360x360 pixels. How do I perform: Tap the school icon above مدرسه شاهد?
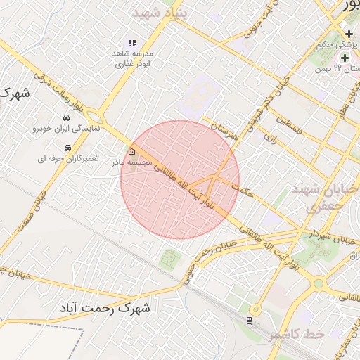tap(132, 43)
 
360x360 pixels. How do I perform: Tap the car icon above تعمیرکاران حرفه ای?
tap(67, 148)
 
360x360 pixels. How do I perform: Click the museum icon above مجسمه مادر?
tap(132, 151)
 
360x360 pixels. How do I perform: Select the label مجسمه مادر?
tap(132, 162)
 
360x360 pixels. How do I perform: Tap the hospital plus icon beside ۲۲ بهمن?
tap(345, 57)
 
